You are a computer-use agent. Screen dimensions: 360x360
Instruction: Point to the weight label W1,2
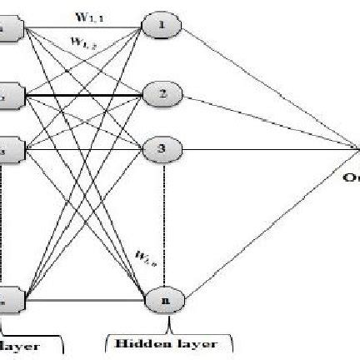pos(83,40)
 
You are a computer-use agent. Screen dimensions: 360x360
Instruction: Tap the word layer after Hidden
pos(198,343)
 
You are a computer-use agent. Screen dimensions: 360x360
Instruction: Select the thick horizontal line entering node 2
pos(83,97)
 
